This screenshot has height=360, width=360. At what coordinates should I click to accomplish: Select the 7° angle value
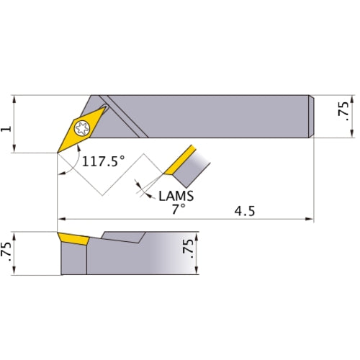[x=179, y=209]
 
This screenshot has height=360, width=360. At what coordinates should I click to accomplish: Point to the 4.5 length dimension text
[x=246, y=211]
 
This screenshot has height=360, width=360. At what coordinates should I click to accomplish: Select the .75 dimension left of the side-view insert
[x=7, y=253]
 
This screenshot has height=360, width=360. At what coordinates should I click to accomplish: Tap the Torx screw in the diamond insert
[x=81, y=129]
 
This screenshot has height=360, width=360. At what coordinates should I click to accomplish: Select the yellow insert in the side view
[x=73, y=238]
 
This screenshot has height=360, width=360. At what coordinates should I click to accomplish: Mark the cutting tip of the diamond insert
[x=58, y=152]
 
